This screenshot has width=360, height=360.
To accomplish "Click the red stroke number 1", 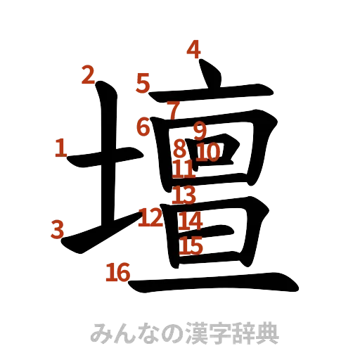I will click(x=60, y=148).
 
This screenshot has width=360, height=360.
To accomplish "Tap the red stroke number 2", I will click(x=87, y=75).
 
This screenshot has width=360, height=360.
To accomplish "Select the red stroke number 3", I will click(x=58, y=229).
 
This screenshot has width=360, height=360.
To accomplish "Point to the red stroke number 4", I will click(x=193, y=49).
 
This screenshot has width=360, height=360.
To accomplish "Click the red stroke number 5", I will click(x=143, y=84).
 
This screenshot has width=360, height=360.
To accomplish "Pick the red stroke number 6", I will click(x=143, y=128).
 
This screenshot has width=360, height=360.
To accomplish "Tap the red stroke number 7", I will click(x=173, y=110).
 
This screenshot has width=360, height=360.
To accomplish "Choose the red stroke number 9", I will click(x=199, y=129).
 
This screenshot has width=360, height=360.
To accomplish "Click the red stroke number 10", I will click(x=209, y=151).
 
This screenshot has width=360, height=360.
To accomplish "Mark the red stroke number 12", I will click(x=150, y=217).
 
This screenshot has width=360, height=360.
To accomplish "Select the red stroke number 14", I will click(x=190, y=221).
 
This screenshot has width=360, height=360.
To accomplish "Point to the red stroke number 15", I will click(x=191, y=245).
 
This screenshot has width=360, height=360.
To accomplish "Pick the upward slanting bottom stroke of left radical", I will click(x=98, y=232).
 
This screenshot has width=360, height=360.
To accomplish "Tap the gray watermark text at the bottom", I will click(x=185, y=333).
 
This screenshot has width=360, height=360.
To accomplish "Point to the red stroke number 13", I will click(x=184, y=195).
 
